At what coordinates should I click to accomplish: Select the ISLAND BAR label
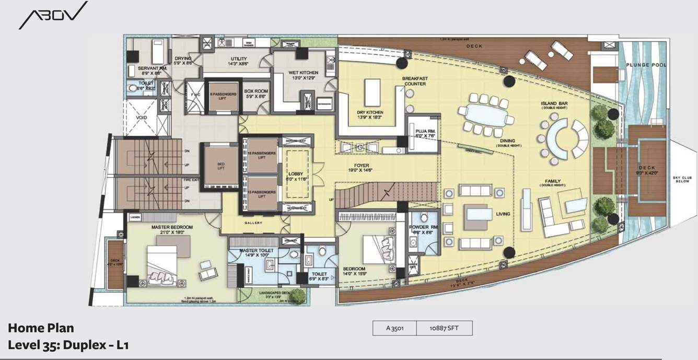coord(554,103)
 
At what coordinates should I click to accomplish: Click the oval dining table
coord(483,112)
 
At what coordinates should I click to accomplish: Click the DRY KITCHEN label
coord(370,112)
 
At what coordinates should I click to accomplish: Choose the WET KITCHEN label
coord(304,73)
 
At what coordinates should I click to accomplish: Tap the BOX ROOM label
coord(256,91)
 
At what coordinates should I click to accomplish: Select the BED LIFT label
coord(220,166)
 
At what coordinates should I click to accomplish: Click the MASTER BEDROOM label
coord(172,227)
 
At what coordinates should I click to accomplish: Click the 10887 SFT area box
coord(445,328)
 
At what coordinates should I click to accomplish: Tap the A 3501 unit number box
coord(395,328)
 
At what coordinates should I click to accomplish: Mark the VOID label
coord(141,118)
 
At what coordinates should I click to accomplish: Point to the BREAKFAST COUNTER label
coord(415,81)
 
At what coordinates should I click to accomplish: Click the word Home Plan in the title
coord(41,328)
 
